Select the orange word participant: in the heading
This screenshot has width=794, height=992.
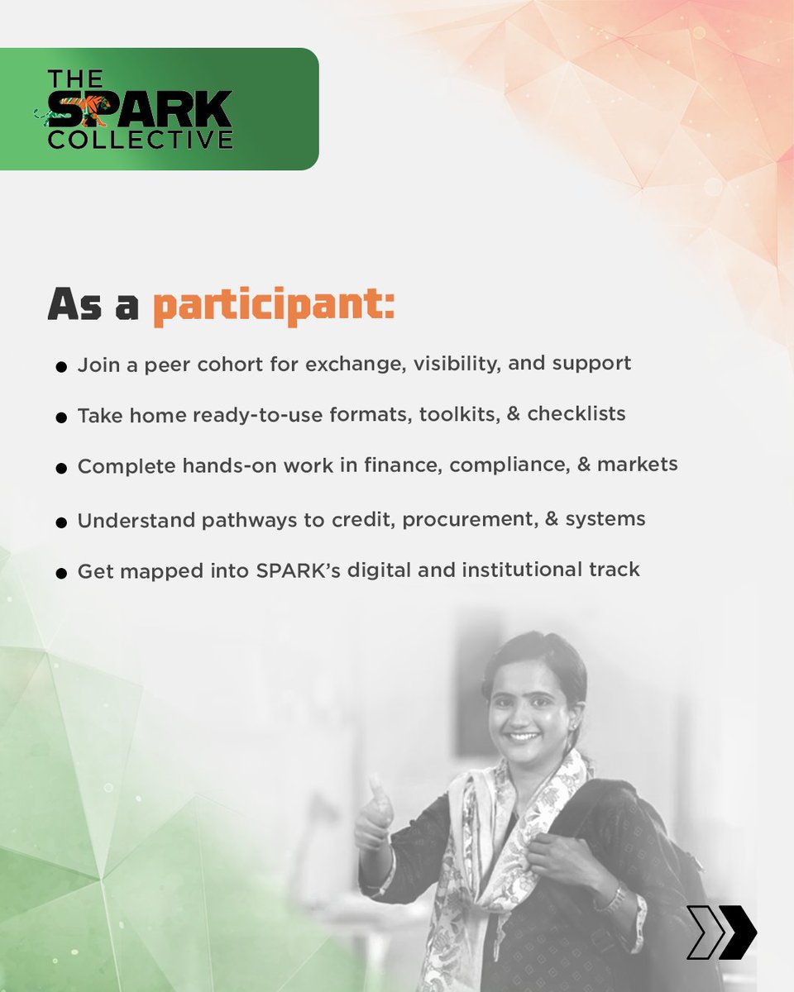pyautogui.click(x=274, y=307)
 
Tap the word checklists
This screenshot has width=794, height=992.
pyautogui.click(x=576, y=413)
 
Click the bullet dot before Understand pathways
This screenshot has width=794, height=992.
pyautogui.click(x=61, y=522)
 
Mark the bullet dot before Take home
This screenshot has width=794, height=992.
pyautogui.click(x=61, y=417)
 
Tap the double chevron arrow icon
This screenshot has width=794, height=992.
pyautogui.click(x=721, y=932)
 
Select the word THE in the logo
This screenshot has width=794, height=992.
pyautogui.click(x=75, y=79)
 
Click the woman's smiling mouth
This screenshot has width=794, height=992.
pyautogui.click(x=524, y=735)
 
